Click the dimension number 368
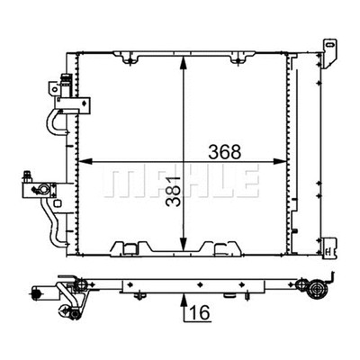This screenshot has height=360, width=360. (x=225, y=152)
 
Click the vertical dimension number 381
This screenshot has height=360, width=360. (x=174, y=191)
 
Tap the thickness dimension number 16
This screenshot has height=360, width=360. (x=200, y=313)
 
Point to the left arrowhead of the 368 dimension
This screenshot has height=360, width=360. (x=85, y=161)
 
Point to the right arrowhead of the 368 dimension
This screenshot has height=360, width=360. (x=280, y=161)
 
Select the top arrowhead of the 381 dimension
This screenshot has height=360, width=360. (x=184, y=62)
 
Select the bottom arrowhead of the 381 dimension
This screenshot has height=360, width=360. (x=184, y=244)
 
